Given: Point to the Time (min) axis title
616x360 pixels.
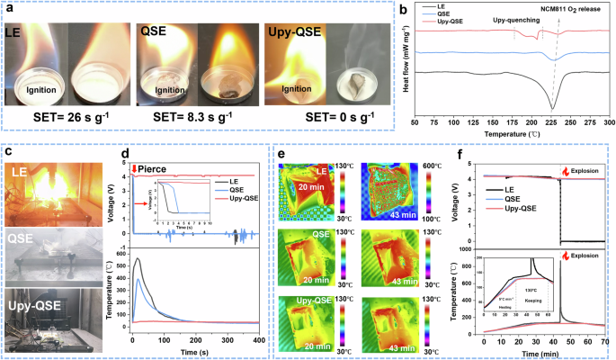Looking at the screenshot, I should tap(543, 354).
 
